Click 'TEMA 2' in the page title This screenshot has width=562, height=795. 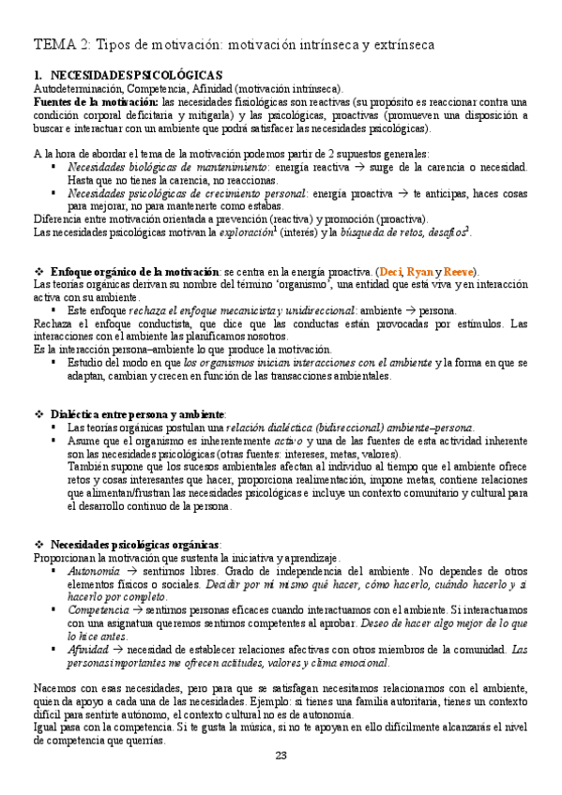coord(62,44)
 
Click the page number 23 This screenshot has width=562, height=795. coord(281,757)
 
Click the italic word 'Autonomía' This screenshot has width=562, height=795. coord(94,570)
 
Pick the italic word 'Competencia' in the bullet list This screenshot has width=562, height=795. coord(99,608)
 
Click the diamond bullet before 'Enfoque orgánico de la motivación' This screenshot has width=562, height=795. coord(38,271)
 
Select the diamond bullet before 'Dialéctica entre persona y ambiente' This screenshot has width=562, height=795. coord(38,414)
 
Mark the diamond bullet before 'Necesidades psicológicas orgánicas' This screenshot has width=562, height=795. coord(38,544)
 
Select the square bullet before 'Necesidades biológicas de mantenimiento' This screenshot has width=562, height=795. coord(54,166)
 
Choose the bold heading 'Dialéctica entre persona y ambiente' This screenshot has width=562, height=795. coord(138,414)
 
